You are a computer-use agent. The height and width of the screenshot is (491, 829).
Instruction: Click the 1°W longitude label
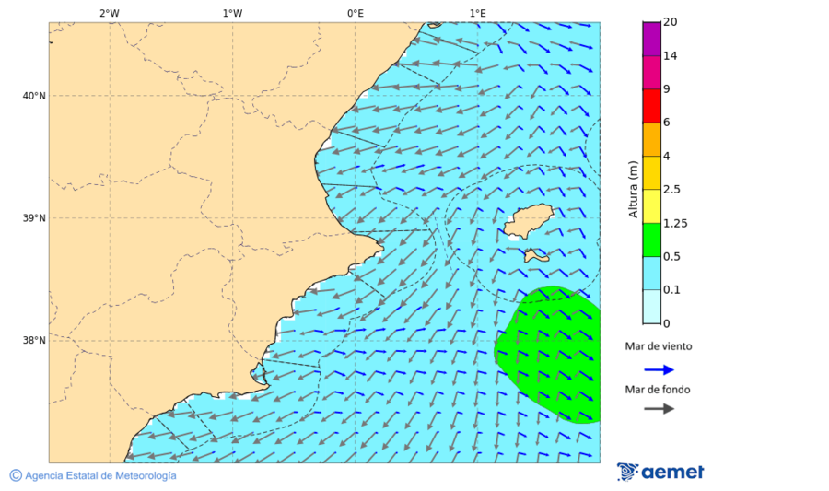click(232, 13)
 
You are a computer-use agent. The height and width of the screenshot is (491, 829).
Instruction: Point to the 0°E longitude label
click(355, 13)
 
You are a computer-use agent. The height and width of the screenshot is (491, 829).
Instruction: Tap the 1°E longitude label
click(477, 13)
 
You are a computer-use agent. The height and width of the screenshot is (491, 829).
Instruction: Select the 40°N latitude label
click(33, 96)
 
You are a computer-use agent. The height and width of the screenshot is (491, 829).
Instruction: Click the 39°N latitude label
click(33, 218)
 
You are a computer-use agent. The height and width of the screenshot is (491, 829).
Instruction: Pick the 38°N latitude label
click(33, 341)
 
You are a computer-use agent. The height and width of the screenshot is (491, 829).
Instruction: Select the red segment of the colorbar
click(651, 106)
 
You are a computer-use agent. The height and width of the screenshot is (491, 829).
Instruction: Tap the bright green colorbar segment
click(651, 240)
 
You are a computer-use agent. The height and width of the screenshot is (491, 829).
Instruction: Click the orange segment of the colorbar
click(651, 140)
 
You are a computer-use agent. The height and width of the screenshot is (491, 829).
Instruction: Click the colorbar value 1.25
click(675, 223)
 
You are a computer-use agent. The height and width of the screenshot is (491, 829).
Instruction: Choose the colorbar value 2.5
click(671, 190)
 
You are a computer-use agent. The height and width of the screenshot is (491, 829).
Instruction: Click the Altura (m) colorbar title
click(633, 189)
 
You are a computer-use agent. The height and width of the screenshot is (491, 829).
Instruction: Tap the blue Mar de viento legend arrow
click(659, 369)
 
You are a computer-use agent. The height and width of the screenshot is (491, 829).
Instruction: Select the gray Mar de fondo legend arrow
click(659, 409)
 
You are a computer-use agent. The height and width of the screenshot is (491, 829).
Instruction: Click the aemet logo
click(660, 472)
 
